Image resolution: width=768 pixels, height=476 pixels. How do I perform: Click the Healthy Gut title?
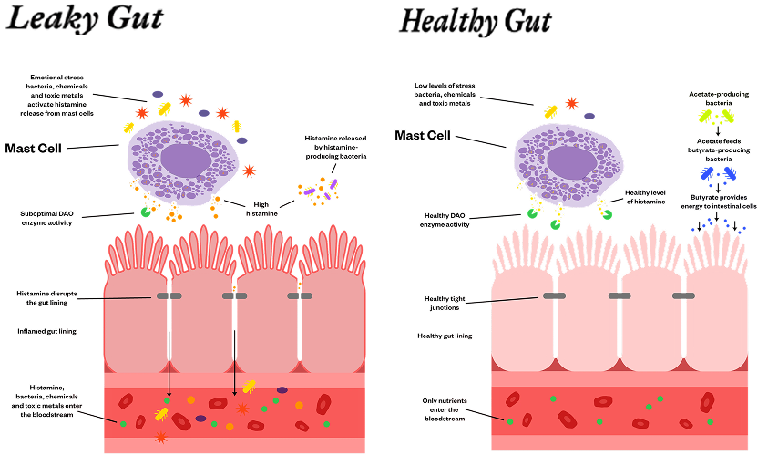[x=475, y=20]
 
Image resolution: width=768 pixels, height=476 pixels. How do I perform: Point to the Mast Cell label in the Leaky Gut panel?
[x=33, y=147]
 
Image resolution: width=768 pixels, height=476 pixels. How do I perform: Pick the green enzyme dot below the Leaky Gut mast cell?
[x=145, y=212]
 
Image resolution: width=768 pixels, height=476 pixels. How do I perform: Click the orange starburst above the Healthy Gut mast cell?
[x=571, y=103]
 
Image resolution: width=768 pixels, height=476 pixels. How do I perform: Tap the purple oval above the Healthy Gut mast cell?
[x=589, y=117]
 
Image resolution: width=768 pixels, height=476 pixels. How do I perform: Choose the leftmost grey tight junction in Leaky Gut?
[x=169, y=295]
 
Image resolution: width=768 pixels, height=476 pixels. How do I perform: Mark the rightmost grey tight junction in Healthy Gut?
[x=683, y=295]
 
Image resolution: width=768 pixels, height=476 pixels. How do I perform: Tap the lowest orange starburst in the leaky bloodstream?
[x=161, y=438]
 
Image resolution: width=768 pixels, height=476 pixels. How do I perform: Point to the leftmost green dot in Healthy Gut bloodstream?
[x=511, y=421]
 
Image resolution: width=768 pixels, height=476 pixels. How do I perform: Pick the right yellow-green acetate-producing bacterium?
[x=730, y=118]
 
